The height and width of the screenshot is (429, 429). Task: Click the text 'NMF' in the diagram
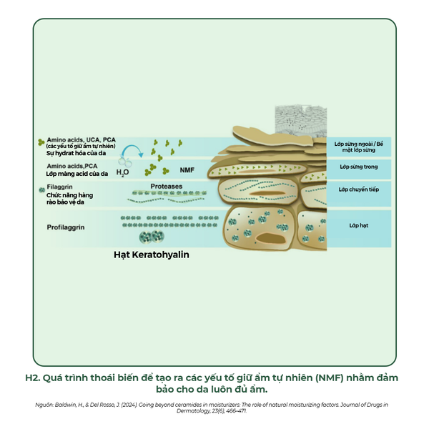click(187, 171)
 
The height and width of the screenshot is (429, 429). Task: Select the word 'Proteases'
click(166, 187)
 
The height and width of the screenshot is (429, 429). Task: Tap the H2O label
click(122, 172)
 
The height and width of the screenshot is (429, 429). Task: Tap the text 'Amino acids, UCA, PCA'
click(80, 140)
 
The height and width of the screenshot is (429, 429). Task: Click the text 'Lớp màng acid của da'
click(77, 174)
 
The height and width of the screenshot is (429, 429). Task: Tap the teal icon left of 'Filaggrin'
click(41, 189)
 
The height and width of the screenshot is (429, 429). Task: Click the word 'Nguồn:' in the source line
click(44, 405)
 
